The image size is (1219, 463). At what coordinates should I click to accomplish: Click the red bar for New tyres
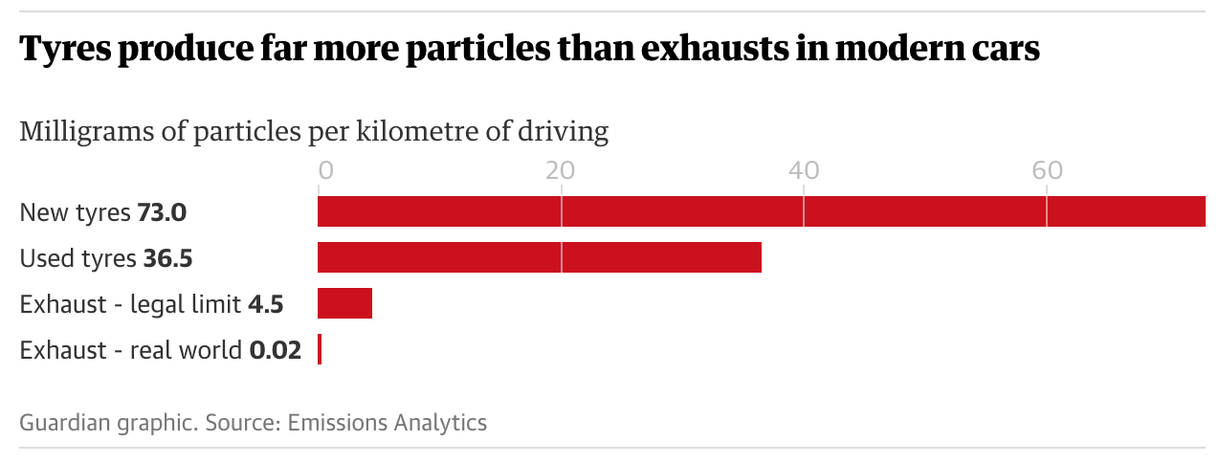pos(761,211)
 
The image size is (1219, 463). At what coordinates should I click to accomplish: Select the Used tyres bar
pos(539,257)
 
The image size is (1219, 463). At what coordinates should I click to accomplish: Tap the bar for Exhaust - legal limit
pos(344,303)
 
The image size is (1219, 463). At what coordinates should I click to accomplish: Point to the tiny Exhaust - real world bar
pos(320,349)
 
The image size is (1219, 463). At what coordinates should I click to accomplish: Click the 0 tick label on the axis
pos(325,171)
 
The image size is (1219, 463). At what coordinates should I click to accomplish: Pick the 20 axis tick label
pos(560,171)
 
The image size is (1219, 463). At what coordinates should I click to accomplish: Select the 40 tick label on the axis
pos(804,171)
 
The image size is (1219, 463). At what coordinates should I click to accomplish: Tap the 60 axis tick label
pos(1048,171)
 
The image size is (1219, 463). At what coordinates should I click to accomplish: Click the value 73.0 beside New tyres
pos(162,212)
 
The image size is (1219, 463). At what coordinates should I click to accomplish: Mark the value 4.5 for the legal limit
pos(265,304)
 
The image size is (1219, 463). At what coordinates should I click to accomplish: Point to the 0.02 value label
pos(276,350)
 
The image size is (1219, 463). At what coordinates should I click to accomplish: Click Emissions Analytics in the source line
pos(388,422)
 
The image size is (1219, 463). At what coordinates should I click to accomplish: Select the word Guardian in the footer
pos(58,422)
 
